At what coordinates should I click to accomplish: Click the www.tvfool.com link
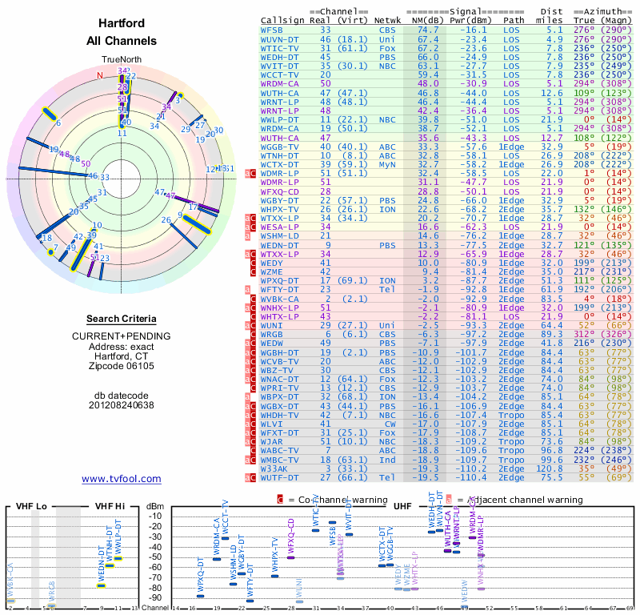click(122, 479)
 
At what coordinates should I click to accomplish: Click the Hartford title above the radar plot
click(122, 23)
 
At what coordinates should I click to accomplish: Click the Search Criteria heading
click(122, 319)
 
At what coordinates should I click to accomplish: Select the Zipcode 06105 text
click(122, 366)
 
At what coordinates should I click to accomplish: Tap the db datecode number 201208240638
click(122, 404)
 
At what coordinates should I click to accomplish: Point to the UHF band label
click(404, 506)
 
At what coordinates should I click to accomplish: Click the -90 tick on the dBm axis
click(154, 597)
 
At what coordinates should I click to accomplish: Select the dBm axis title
click(154, 506)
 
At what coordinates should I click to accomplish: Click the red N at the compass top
click(101, 76)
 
